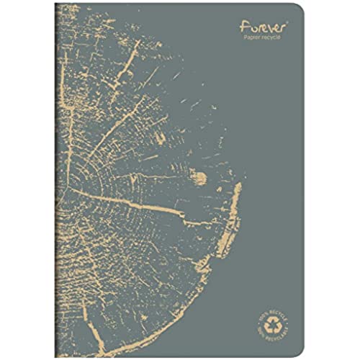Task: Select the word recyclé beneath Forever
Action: pyautogui.click(x=274, y=40)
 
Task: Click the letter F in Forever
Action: pyautogui.click(x=243, y=27)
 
